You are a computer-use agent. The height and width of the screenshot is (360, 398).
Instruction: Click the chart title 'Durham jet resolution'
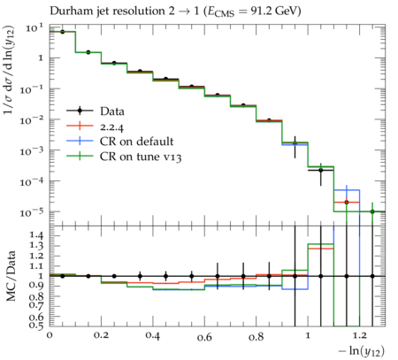point(107,11)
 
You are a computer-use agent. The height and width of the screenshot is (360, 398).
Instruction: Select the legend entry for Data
point(96,111)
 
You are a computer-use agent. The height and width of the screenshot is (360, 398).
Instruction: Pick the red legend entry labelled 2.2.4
point(95,126)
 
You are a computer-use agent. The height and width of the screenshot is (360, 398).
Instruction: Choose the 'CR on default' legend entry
point(120,142)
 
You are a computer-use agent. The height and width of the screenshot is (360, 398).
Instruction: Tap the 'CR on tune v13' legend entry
point(124,156)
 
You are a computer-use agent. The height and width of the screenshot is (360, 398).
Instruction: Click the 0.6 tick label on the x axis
point(204,337)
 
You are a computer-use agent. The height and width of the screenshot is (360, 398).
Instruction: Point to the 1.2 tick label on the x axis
point(359,336)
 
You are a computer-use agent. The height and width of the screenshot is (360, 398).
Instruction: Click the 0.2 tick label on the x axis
point(101,336)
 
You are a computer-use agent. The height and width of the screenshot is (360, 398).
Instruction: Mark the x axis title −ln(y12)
point(362,351)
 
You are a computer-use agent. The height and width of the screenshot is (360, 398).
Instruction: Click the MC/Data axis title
point(11,276)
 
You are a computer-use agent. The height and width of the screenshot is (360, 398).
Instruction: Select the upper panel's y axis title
point(9,70)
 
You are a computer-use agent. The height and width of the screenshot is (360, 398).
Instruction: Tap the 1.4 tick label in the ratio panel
point(36,235)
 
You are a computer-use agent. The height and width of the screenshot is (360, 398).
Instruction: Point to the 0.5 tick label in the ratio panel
point(36,325)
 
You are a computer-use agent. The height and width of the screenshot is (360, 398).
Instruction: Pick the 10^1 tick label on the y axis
point(34,28)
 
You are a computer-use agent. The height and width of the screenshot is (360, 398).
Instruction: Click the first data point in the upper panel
point(62,32)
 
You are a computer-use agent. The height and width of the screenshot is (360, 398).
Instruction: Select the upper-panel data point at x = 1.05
point(321,170)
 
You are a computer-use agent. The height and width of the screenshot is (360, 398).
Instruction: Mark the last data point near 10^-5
point(372,211)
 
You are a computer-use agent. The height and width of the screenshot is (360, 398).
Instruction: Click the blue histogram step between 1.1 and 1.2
point(347,190)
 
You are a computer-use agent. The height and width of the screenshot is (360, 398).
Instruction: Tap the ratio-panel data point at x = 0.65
point(218,276)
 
